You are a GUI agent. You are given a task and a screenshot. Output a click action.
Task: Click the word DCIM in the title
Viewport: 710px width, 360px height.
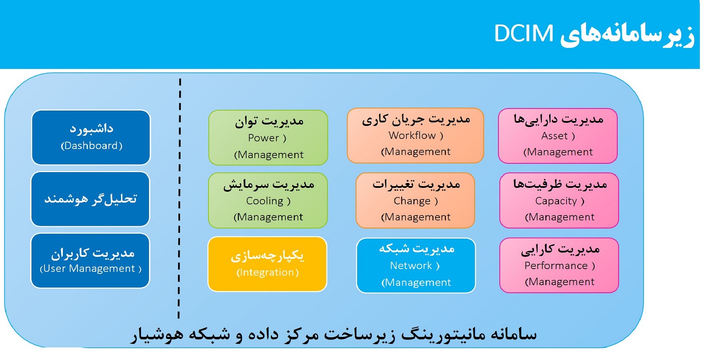coord(524,34)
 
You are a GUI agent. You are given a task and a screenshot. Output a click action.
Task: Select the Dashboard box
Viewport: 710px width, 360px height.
coord(91,137)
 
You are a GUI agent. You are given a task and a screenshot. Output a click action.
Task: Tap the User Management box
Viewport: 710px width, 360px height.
coord(90,260)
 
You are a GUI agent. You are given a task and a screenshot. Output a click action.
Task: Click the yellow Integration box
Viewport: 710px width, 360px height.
coord(267,264)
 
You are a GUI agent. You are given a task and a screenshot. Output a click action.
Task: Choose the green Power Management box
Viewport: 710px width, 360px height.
coord(268,138)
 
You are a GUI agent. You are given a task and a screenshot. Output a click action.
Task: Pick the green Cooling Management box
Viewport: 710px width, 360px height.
coord(268,201)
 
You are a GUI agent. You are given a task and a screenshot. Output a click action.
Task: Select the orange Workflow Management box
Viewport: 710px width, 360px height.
coord(415,135)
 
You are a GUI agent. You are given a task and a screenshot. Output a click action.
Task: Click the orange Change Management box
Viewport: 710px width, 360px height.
coord(415,201)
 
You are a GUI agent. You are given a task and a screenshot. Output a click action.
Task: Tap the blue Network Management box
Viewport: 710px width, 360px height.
coord(416,265)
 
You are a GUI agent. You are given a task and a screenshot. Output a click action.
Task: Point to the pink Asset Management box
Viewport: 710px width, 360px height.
coord(558,136)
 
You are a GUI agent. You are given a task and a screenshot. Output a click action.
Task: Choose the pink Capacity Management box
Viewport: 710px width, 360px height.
coord(559,201)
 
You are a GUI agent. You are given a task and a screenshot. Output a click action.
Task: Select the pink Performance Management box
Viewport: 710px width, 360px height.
coord(559,265)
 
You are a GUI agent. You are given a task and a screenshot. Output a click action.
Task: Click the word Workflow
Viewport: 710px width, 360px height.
coord(412,135)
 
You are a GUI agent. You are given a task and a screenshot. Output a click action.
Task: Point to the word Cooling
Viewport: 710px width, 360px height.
coord(265,201)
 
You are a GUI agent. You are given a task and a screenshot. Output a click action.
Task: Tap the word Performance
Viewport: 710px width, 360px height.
coord(556,266)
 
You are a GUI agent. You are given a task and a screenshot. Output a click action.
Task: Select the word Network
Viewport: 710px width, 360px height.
coord(411,266)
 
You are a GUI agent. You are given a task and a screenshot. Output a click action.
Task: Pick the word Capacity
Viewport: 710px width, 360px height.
coord(556,201)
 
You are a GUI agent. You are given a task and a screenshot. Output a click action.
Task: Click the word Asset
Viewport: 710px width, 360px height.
coord(554,136)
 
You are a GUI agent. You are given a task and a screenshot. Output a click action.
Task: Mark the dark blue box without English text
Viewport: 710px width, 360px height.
coord(90,199)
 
